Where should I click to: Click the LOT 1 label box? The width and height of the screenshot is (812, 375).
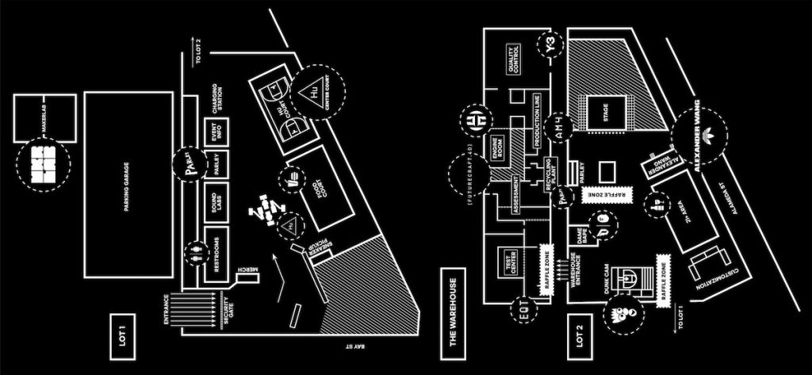(x=123, y=331)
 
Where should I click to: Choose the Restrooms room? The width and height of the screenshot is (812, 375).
(x=216, y=254)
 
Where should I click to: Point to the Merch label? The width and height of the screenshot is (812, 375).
(x=247, y=277)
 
